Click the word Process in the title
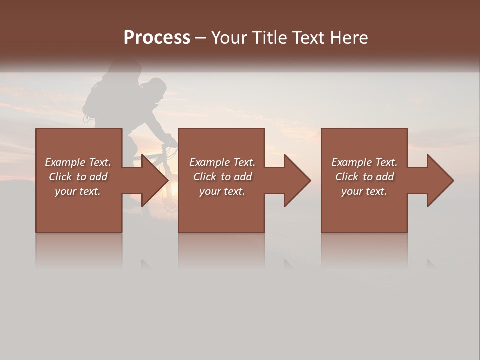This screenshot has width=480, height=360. tap(157, 38)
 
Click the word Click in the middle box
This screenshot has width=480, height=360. tap(204, 177)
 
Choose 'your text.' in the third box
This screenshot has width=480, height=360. tap(364, 191)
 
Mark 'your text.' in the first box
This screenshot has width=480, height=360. tap(78, 191)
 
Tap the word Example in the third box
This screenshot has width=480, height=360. tap(349, 162)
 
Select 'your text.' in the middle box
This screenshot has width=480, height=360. tap(222, 191)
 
